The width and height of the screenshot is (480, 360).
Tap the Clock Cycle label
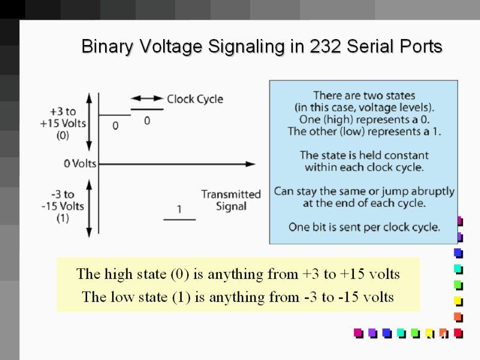[x=194, y=99]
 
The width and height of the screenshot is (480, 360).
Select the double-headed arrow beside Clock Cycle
[x=147, y=98]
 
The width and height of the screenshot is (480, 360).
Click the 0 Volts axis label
[x=80, y=164]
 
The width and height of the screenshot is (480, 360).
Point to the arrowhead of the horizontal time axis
[x=251, y=163]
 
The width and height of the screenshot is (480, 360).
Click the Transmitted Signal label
[x=231, y=200]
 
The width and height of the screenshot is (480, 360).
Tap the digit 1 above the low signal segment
[x=179, y=209]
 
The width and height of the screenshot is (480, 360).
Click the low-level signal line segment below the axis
[x=179, y=220]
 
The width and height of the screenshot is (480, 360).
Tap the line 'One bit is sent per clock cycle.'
[x=364, y=227]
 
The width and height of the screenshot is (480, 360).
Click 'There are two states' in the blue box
[x=364, y=95]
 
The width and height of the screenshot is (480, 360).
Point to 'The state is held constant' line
[x=364, y=155]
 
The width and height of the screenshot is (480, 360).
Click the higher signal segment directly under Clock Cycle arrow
[x=147, y=109]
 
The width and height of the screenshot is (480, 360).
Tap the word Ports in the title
[x=422, y=46]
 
